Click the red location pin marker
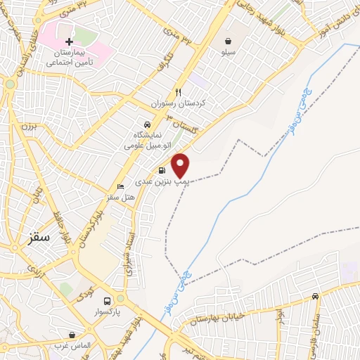181,165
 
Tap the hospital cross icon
68,42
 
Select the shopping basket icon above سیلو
229,41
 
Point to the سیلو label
229,53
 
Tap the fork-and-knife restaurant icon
179,92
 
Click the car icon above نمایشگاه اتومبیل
146,122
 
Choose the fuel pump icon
162,170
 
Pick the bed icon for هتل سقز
120,187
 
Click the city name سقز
39,237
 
